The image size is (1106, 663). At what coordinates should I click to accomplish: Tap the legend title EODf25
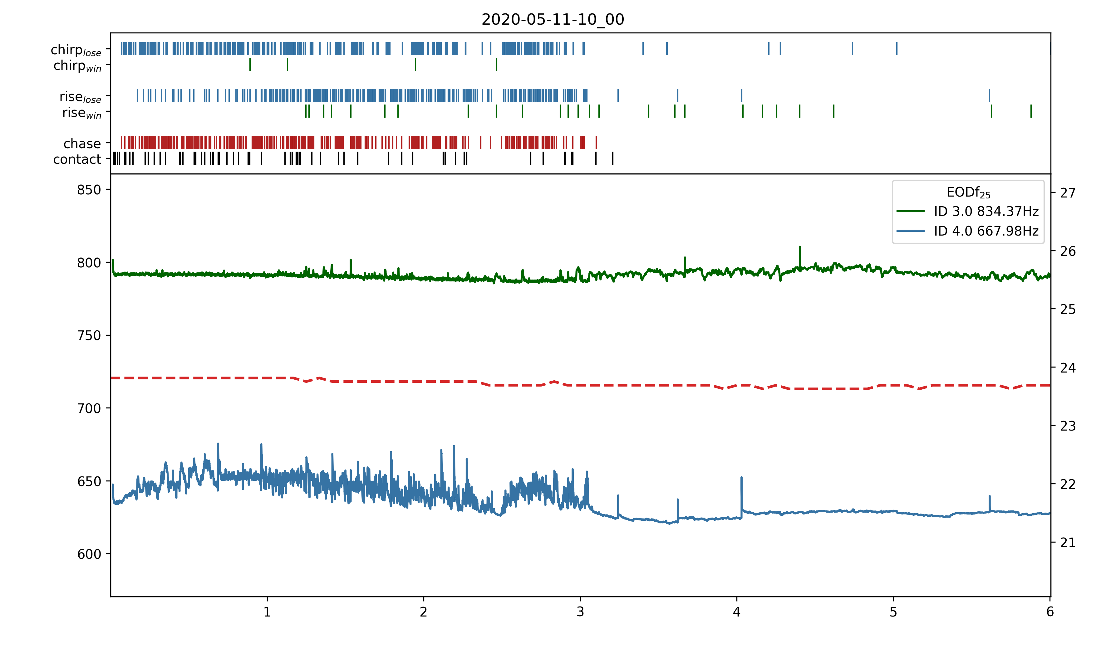(968, 193)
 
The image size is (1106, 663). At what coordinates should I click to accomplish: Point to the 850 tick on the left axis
(89, 190)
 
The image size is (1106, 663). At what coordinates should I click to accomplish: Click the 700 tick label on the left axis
(89, 408)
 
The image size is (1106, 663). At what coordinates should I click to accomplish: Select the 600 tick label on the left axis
(89, 554)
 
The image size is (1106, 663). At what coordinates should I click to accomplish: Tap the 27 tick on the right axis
(1068, 193)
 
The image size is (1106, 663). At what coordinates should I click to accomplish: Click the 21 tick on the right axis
(1068, 543)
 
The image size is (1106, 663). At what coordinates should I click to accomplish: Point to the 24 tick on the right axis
(1068, 368)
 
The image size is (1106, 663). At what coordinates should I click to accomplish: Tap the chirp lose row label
(76, 50)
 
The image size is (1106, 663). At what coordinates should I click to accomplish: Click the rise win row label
(82, 113)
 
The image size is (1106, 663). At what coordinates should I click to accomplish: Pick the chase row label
(82, 144)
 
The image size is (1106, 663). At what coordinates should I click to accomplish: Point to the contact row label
(77, 159)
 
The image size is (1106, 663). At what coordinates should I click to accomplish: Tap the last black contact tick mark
(613, 158)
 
